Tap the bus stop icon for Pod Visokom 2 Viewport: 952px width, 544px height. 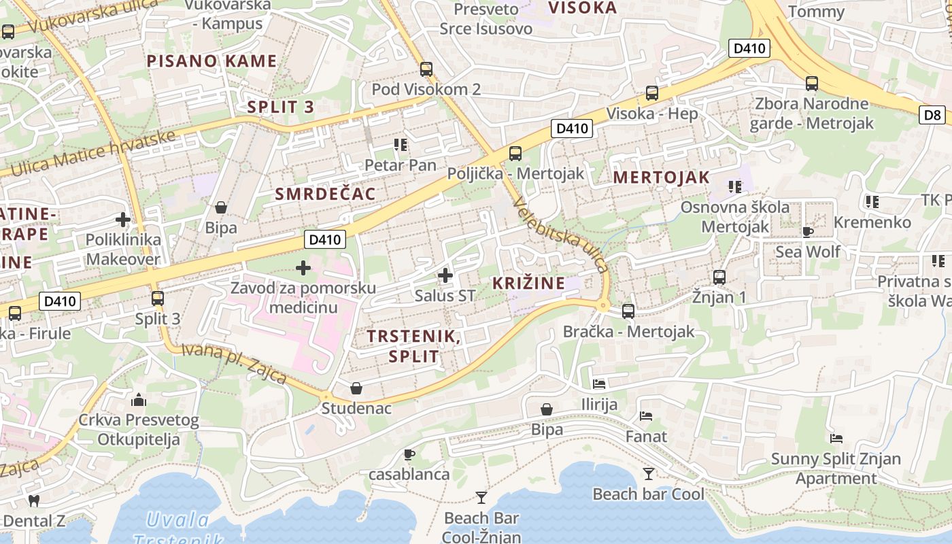point(426,69)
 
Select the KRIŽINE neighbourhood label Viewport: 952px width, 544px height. point(528,283)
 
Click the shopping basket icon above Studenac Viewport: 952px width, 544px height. point(356,388)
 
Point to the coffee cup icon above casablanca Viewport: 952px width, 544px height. point(409,454)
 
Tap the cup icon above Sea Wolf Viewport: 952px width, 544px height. point(808,231)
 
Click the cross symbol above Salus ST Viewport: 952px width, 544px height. point(445,275)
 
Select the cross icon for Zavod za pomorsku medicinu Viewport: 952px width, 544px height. point(303,268)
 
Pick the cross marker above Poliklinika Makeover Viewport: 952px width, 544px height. point(123,220)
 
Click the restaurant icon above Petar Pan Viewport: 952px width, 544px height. point(401,145)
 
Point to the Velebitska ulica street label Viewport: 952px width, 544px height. point(561,235)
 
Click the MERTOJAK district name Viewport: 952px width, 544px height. point(661,178)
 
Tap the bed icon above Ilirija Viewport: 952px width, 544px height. point(599,384)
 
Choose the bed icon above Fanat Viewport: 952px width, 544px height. point(646,415)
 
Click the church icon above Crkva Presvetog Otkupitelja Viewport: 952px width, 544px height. point(139,399)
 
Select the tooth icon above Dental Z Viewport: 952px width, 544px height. point(33,501)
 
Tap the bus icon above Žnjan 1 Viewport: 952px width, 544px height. point(719,277)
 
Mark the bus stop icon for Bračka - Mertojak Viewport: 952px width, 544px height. point(628,311)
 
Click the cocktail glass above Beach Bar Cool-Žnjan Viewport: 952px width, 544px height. point(481,497)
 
